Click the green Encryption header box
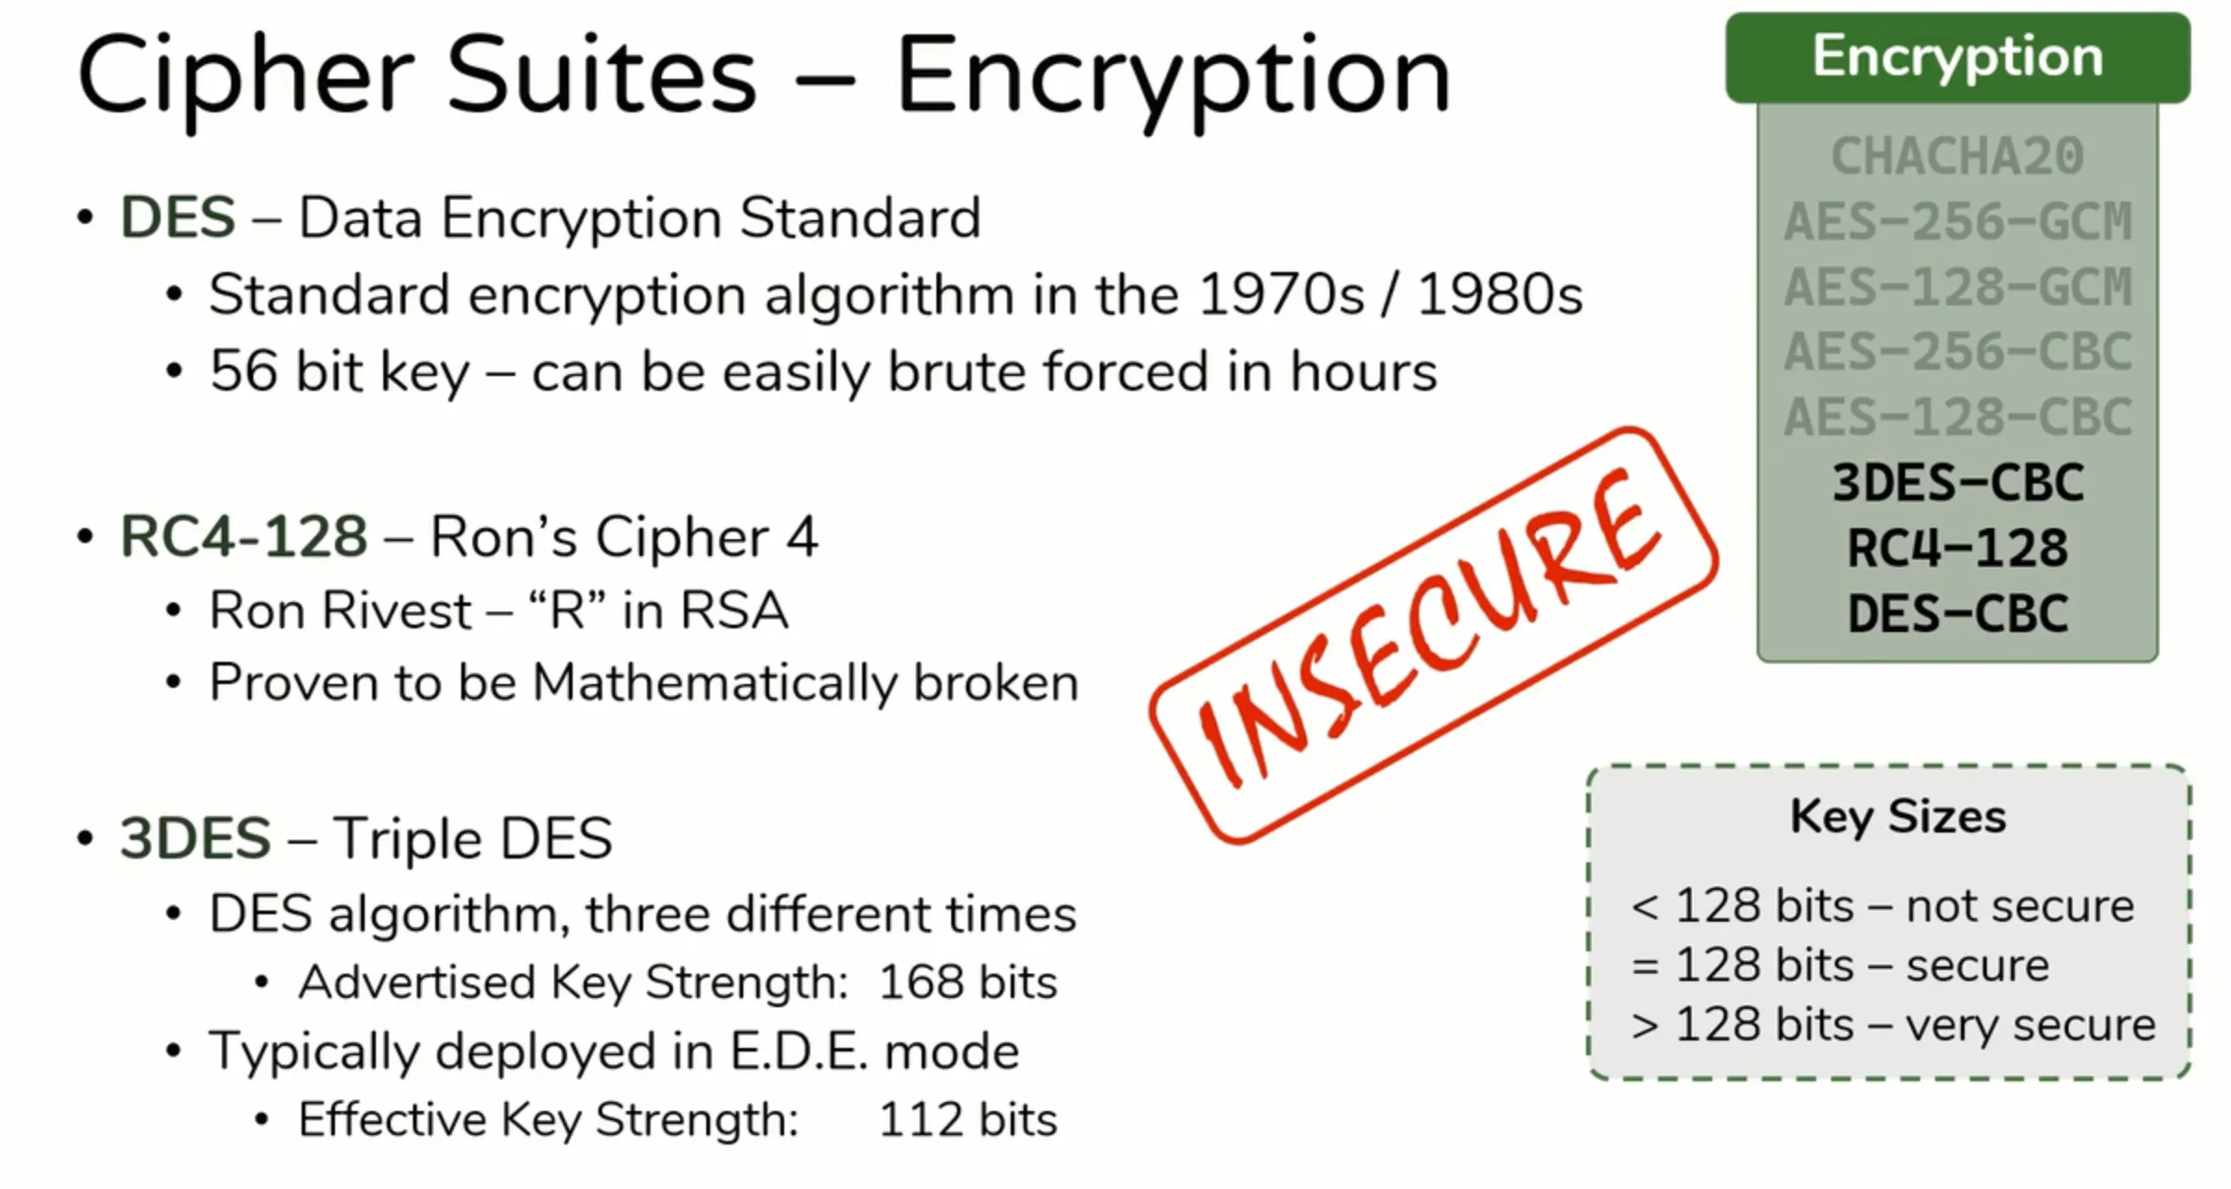pos(1957,58)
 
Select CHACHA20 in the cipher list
pos(1957,155)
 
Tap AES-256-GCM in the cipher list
pos(1957,221)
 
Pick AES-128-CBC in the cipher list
pos(1957,417)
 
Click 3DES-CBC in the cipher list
pos(1957,483)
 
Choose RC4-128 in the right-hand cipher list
pos(1957,548)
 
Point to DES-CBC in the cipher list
pos(1957,614)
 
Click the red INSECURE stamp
pos(1433,635)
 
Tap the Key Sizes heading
pos(1898,817)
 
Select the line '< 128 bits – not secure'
pos(1882,906)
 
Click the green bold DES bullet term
pos(177,218)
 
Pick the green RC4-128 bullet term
pos(244,537)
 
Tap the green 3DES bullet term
pos(195,838)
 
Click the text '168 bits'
pos(968,982)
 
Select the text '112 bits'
pos(968,1119)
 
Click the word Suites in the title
pos(602,74)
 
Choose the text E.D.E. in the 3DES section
pos(799,1052)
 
